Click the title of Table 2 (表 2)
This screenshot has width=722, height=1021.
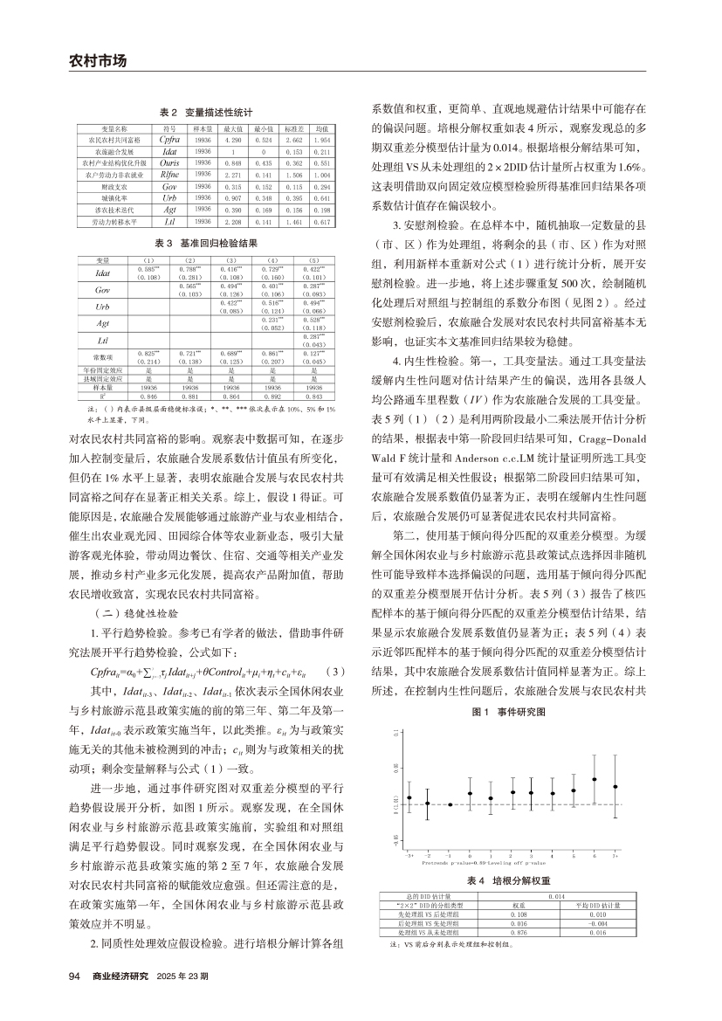click(x=205, y=113)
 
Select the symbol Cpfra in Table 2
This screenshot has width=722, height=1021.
click(x=170, y=139)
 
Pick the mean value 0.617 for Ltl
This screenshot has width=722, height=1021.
click(x=321, y=223)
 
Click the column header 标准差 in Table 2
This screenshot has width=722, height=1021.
click(x=293, y=128)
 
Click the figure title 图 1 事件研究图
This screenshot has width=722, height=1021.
click(x=509, y=712)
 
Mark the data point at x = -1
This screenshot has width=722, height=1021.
click(x=449, y=804)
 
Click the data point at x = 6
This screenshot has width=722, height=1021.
click(x=595, y=779)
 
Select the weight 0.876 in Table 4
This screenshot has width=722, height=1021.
click(x=517, y=933)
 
